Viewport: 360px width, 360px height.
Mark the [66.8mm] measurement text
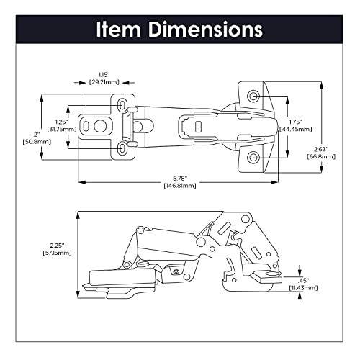pyautogui.click(x=329, y=156)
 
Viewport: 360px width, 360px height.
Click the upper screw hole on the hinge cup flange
pyautogui.click(x=253, y=96)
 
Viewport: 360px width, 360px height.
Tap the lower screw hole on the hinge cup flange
pyautogui.click(x=253, y=156)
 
